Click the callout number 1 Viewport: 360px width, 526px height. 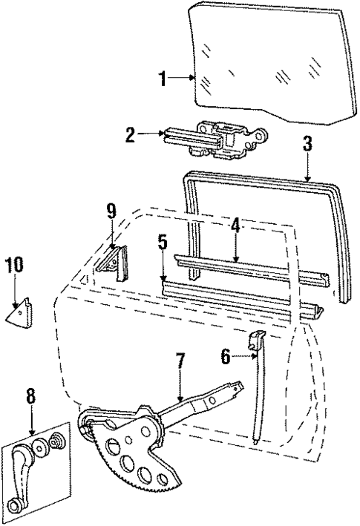(x=163, y=79)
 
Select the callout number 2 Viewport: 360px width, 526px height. (x=130, y=134)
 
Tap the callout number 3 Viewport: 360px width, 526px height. (x=307, y=143)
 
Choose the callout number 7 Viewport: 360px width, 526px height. (x=178, y=363)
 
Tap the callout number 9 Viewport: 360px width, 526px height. (x=111, y=211)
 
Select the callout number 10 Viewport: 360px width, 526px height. (x=15, y=266)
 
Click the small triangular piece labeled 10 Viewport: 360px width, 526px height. (x=23, y=310)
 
